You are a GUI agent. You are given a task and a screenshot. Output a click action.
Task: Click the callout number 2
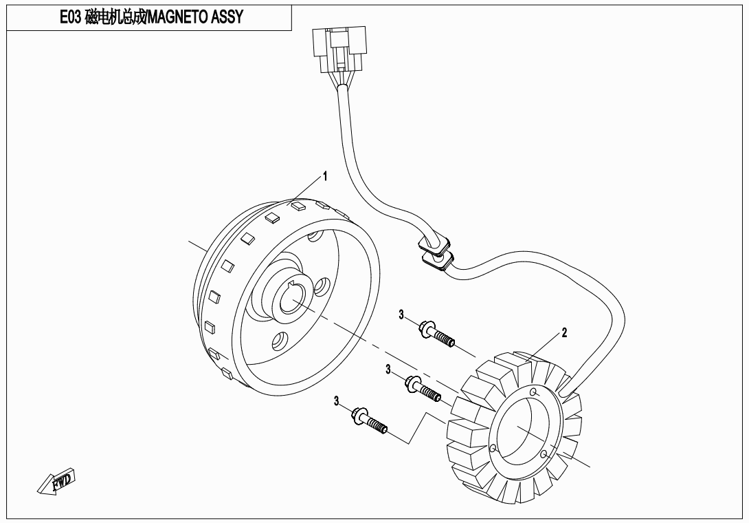point(564,333)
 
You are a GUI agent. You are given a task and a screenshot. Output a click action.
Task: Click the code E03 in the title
point(71,17)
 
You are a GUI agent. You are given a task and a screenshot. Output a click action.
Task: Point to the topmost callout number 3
point(401,314)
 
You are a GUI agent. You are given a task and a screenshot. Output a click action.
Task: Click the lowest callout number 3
point(337,401)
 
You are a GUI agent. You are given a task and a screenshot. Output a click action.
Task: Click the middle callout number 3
point(388,370)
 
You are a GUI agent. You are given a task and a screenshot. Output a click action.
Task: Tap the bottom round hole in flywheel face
point(280,339)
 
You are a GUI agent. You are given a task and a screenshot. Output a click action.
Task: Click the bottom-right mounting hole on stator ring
point(544,454)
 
